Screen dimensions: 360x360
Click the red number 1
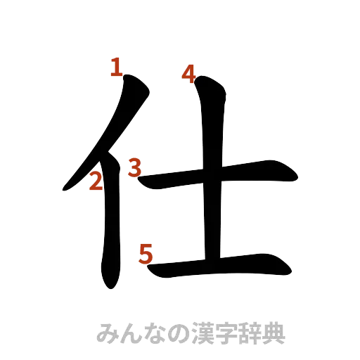[116, 68]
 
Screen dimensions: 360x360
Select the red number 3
[134, 167]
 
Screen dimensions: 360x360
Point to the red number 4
[188, 73]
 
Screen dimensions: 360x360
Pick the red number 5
[146, 252]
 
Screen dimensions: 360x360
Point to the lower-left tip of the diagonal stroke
[65, 188]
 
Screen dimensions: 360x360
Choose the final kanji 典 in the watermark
[275, 333]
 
